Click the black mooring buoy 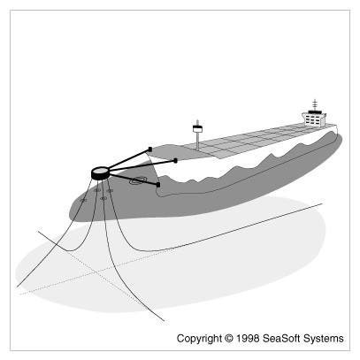(x=100, y=173)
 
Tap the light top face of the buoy (x=100, y=171)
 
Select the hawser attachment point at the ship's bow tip (x=150, y=149)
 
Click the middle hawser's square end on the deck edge (x=175, y=161)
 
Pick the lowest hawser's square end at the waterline (x=158, y=185)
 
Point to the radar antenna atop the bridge (x=315, y=104)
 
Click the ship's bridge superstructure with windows (x=314, y=119)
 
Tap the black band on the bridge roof (x=315, y=111)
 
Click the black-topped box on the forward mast (x=197, y=128)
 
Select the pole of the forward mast (x=197, y=141)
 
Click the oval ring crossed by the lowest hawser (x=137, y=180)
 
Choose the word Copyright (x=199, y=338)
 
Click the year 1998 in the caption (x=248, y=338)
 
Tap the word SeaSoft (x=281, y=338)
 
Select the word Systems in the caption (x=324, y=339)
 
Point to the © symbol (x=228, y=338)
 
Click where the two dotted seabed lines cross (x=96, y=272)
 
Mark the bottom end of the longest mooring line (x=164, y=320)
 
